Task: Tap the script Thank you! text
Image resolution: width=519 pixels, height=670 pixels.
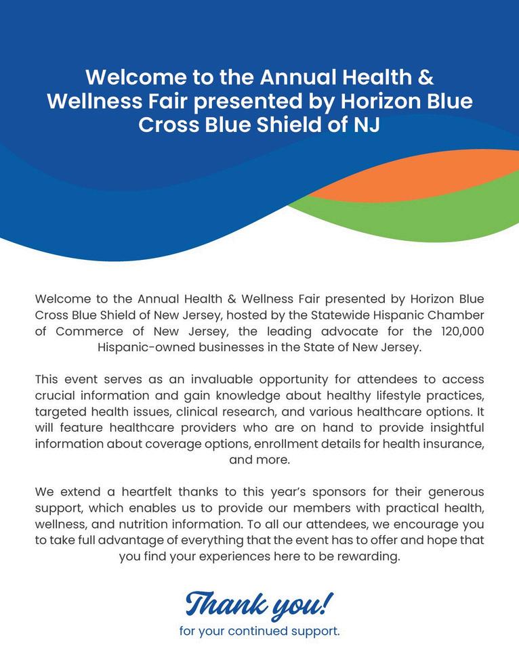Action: tap(259, 602)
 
